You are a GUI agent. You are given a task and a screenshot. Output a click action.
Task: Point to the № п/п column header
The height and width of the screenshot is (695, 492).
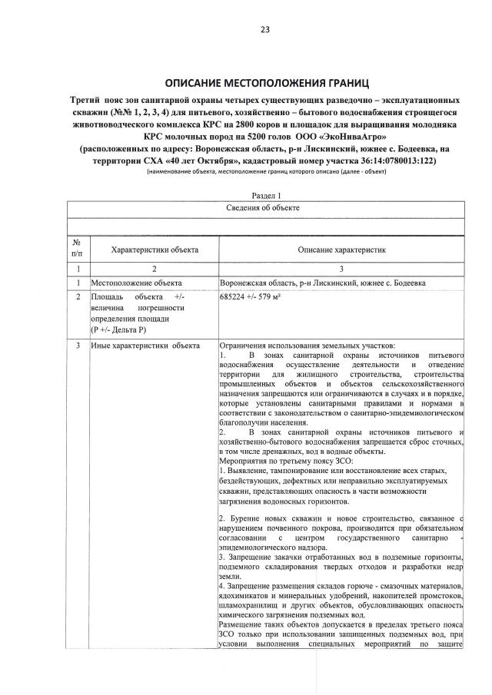click(77, 249)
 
